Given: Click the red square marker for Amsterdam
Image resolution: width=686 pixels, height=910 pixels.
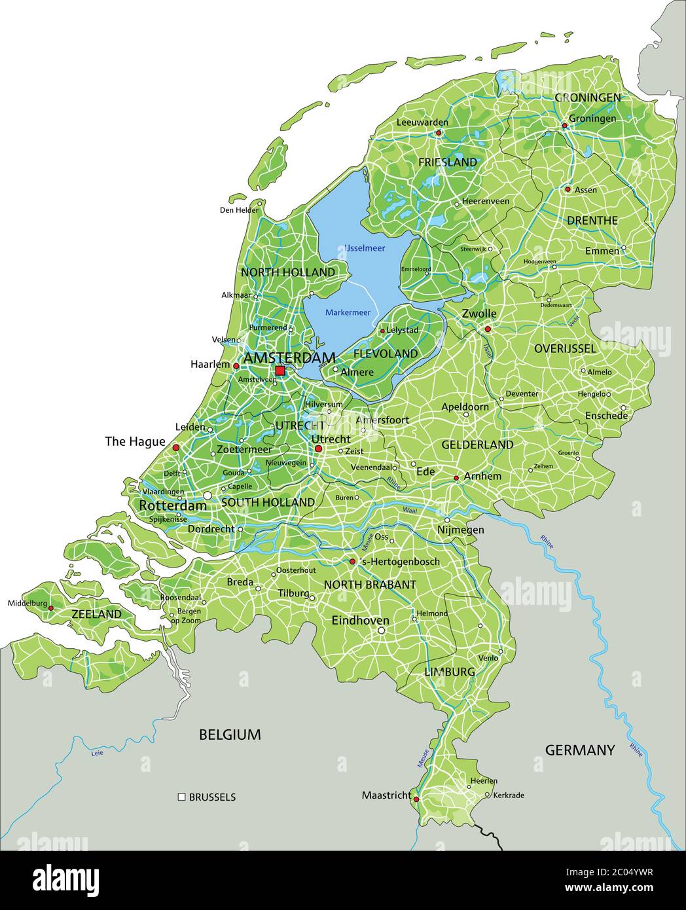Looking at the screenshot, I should click(280, 371).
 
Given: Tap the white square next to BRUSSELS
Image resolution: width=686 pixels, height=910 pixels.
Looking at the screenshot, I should click(181, 797).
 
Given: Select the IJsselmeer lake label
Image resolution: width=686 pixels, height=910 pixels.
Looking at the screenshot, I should click(365, 248).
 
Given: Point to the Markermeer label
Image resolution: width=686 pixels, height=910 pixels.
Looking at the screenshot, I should click(348, 312).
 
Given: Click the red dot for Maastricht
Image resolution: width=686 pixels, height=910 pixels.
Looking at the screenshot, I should click(416, 799).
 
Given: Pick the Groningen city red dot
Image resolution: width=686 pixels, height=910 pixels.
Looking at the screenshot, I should click(564, 125).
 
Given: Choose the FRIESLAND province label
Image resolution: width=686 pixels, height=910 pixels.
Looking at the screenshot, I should click(447, 162).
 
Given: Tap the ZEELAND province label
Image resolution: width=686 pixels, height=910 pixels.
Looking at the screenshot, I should click(96, 614).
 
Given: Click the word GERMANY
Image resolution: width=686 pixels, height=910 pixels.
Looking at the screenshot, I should click(580, 750).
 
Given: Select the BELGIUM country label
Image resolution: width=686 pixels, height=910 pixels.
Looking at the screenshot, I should click(230, 735).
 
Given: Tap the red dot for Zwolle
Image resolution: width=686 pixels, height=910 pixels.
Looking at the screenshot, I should click(488, 329).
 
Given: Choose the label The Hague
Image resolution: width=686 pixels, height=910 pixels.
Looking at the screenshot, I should click(135, 442).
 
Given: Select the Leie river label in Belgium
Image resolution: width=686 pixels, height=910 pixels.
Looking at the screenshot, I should click(97, 754).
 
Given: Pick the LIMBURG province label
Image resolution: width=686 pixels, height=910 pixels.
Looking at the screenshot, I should click(449, 672).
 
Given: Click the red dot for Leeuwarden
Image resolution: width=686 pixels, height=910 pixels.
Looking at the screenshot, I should click(439, 132).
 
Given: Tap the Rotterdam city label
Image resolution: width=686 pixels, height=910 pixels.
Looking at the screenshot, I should click(173, 505).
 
